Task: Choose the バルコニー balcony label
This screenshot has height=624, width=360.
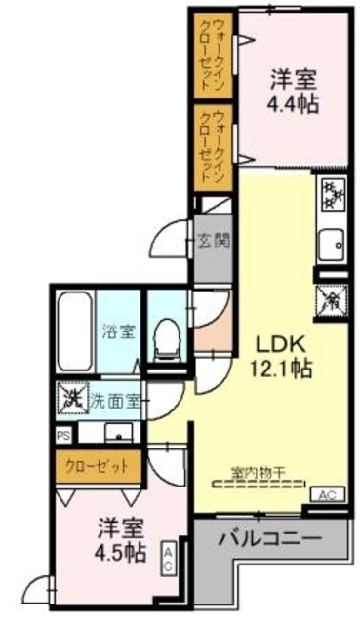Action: (269, 537)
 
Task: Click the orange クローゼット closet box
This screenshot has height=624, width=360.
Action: (98, 466)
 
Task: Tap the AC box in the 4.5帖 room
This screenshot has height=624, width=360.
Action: (167, 558)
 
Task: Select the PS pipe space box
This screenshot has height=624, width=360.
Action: (63, 435)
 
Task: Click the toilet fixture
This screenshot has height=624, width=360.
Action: (167, 335)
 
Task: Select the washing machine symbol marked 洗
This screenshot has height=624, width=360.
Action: (71, 400)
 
